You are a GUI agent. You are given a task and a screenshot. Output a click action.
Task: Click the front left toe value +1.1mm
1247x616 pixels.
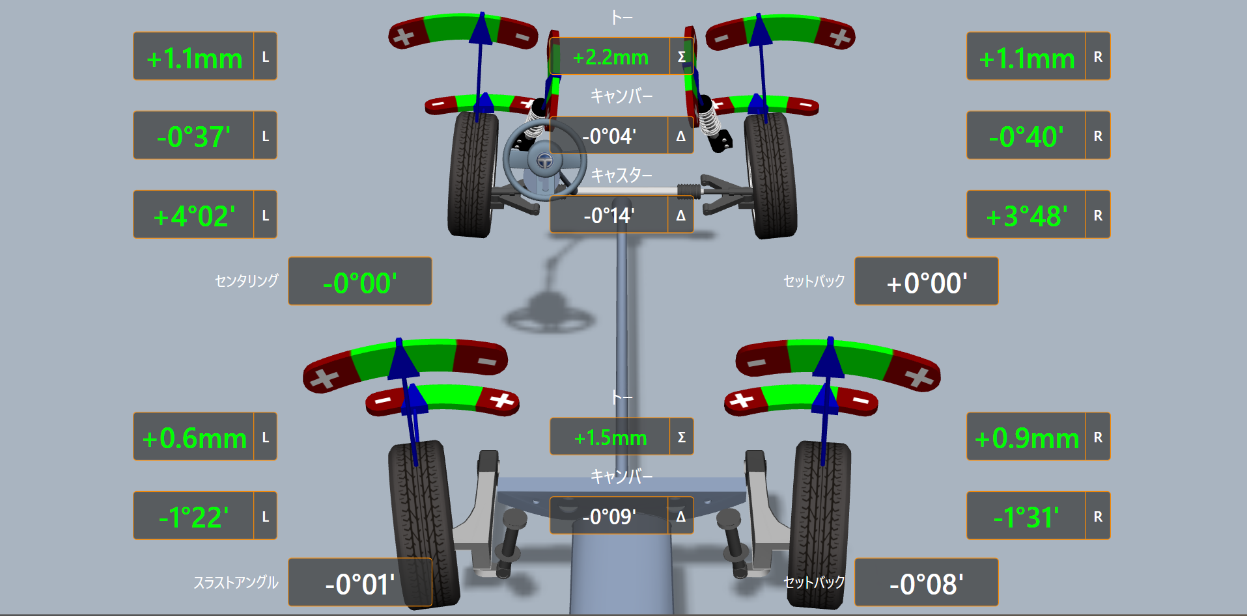pos(194,59)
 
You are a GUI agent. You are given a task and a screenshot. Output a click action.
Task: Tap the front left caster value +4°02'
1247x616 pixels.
pos(194,216)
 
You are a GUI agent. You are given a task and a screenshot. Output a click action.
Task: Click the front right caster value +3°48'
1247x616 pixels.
pos(1026,216)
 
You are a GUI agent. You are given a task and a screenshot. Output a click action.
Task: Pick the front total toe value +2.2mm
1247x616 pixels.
pos(610,57)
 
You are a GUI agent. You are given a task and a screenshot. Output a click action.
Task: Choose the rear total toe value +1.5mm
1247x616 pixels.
pos(610,438)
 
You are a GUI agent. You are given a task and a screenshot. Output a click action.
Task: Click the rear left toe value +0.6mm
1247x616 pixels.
pos(194,438)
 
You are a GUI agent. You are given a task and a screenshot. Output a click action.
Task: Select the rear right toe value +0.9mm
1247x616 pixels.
pos(1026,438)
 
